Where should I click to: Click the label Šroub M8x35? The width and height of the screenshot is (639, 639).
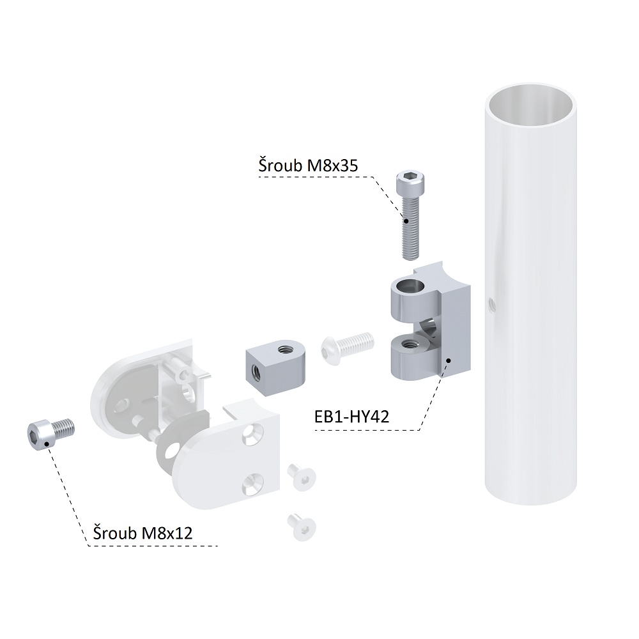coord(308,166)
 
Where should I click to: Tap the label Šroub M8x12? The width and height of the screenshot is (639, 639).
coord(142,533)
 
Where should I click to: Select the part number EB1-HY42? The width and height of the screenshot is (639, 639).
coord(352,417)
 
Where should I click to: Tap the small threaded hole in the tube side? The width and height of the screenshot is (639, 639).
coord(491,303)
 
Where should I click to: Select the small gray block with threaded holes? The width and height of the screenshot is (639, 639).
coord(275,366)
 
